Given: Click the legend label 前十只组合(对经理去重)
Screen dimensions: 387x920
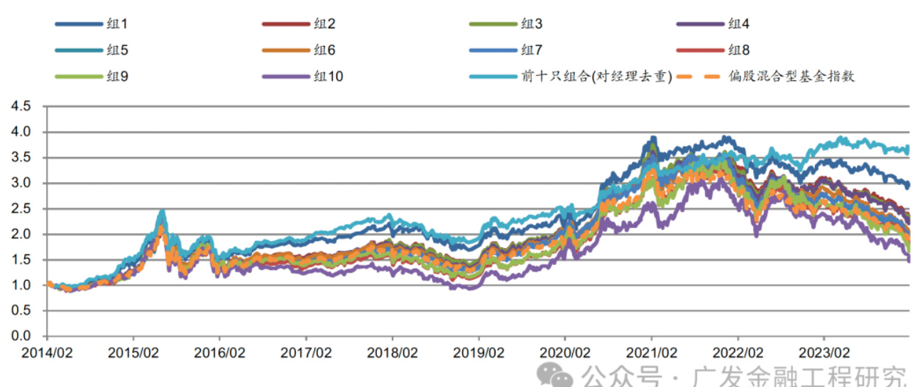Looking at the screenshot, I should [x=596, y=75].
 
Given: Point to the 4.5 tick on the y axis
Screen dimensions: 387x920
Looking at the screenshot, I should [x=21, y=106].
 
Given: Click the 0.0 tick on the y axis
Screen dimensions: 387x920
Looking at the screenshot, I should [x=21, y=336].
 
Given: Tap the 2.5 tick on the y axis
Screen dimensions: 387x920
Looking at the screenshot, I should [x=21, y=208].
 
